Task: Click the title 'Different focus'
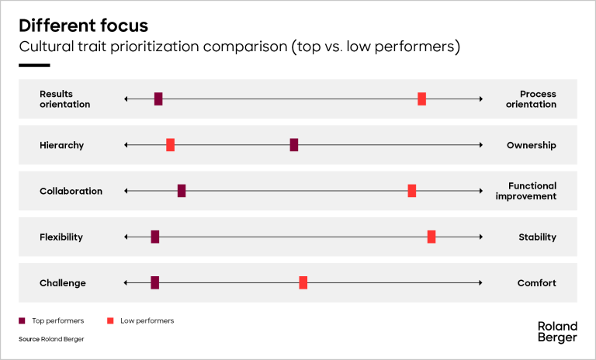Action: [83, 26]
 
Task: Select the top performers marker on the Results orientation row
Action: [158, 99]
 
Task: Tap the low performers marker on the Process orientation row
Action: [421, 99]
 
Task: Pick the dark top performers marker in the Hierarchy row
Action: [294, 145]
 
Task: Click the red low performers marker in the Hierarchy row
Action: [170, 145]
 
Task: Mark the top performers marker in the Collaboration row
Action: [182, 191]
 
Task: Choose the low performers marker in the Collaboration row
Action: [411, 191]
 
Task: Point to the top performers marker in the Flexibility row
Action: [155, 237]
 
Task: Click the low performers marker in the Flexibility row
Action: [431, 237]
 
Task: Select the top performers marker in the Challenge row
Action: [154, 283]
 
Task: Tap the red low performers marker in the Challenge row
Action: [303, 283]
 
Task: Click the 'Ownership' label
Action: [532, 145]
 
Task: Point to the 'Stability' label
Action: [538, 237]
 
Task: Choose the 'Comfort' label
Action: [537, 283]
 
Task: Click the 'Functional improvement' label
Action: [526, 191]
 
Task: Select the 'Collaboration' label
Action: [71, 191]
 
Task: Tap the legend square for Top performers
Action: [22, 321]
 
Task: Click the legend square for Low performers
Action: [111, 321]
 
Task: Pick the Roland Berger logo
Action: [558, 332]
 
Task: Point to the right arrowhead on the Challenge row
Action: [481, 283]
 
